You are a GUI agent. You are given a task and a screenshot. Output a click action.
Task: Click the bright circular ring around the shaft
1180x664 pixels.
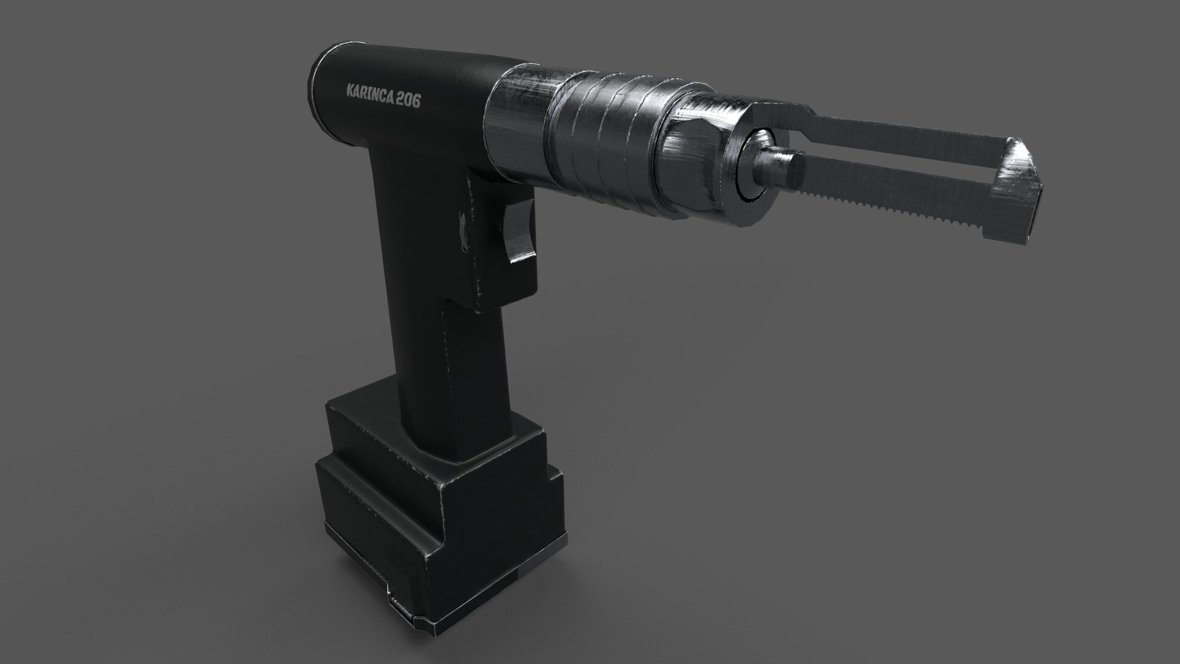(755, 165)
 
